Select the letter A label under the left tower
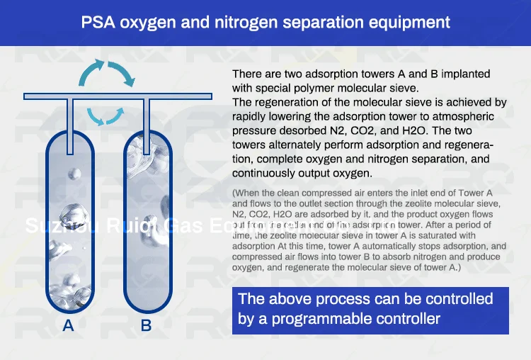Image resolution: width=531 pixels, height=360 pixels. coord(68,326)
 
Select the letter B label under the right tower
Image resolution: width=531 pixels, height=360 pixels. coord(146,326)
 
